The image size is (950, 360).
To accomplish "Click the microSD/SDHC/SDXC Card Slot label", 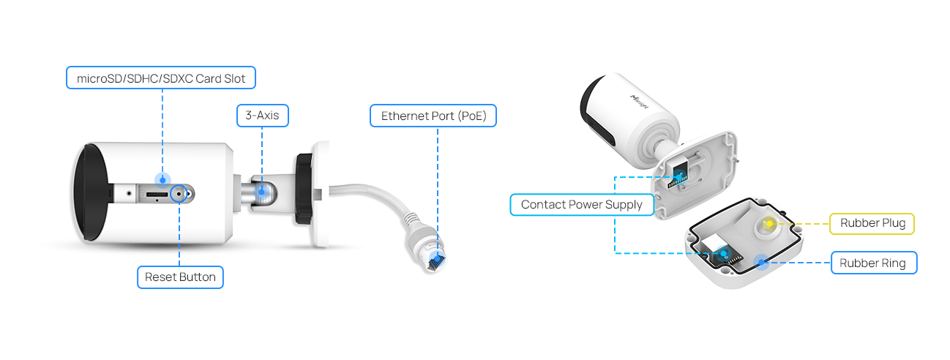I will pyautogui.click(x=161, y=78).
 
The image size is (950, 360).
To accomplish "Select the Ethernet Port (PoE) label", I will pyautogui.click(x=433, y=115).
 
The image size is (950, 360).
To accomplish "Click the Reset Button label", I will pyautogui.click(x=180, y=277).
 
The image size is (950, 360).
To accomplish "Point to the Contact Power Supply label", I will pyautogui.click(x=581, y=205).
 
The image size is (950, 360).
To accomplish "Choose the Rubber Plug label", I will pyautogui.click(x=872, y=223).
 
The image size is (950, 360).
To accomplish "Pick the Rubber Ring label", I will pyautogui.click(x=872, y=263).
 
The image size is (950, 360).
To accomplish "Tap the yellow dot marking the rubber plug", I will pyautogui.click(x=769, y=223).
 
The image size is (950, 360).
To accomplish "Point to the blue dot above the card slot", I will pyautogui.click(x=162, y=179).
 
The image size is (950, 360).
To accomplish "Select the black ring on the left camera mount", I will pyautogui.click(x=302, y=189).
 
